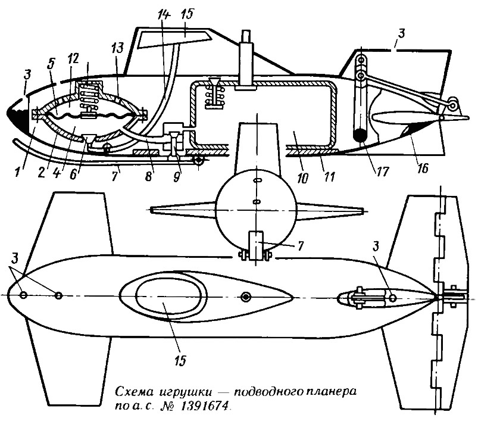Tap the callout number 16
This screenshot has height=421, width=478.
pos(423,167)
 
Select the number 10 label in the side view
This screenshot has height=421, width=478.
pos(302,178)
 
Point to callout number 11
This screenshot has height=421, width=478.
pos(329,177)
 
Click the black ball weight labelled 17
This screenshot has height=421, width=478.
pos(361,135)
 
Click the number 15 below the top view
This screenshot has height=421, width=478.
pos(180,360)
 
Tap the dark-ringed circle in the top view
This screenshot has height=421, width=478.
pos(246,297)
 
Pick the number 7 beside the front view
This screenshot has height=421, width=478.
pos(300,246)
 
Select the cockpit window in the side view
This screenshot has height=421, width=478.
pos(174,39)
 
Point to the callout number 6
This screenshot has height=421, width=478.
pos(73,175)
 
